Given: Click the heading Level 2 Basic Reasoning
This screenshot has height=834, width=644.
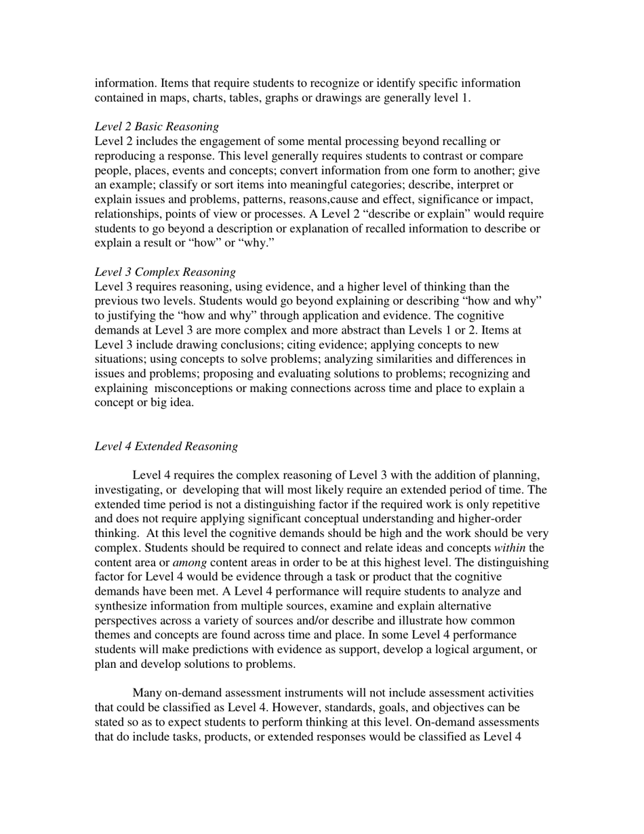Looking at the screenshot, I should [157, 126].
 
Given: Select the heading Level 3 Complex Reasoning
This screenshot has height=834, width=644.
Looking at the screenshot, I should [165, 272].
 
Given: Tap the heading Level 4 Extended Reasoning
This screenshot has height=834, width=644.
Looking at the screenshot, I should [166, 446].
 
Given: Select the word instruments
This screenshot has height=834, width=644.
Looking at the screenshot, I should [306, 693].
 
